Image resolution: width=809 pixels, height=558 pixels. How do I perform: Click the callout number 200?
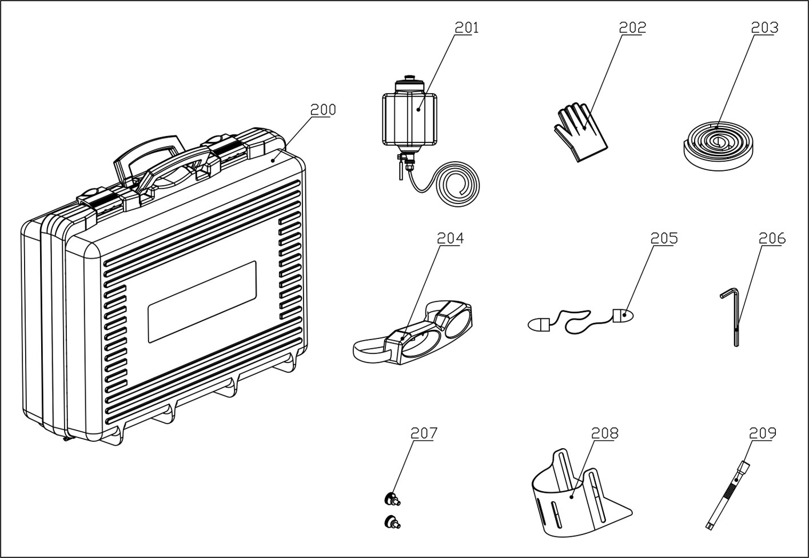pyautogui.click(x=323, y=109)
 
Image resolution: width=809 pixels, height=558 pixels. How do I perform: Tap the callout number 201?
pyautogui.click(x=467, y=27)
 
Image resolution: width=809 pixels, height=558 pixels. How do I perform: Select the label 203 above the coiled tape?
pyautogui.click(x=764, y=27)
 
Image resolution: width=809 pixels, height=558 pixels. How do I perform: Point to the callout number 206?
pyautogui.click(x=772, y=238)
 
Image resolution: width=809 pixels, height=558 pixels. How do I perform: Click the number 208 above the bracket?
pyautogui.click(x=604, y=433)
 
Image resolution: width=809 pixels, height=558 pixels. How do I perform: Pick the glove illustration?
pyautogui.click(x=579, y=133)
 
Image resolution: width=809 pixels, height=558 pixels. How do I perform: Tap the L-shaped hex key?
pyautogui.click(x=734, y=317)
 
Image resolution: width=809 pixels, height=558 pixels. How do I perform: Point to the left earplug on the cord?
pyautogui.click(x=539, y=325)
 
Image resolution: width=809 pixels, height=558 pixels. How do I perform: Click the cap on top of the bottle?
pyautogui.click(x=409, y=79)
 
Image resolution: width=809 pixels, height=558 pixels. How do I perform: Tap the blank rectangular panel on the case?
pyautogui.click(x=202, y=302)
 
